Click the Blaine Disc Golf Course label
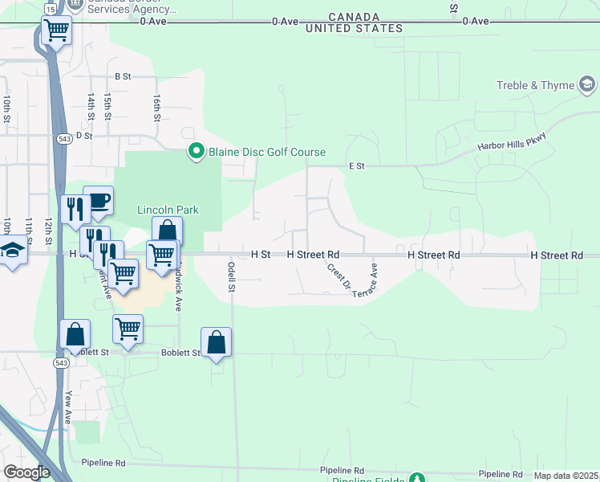pos(267,152)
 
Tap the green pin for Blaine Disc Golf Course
pos(196,151)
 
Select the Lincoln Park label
pos(168,210)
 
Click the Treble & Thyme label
pos(535,85)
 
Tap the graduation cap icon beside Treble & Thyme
pos(587,84)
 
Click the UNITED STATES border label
pos(354,28)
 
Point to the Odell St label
pos(231,276)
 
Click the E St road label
pos(357,166)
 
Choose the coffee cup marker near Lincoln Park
pos(98,201)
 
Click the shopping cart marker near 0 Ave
pos(57,31)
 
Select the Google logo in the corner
pos(26,472)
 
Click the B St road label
pos(123,76)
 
